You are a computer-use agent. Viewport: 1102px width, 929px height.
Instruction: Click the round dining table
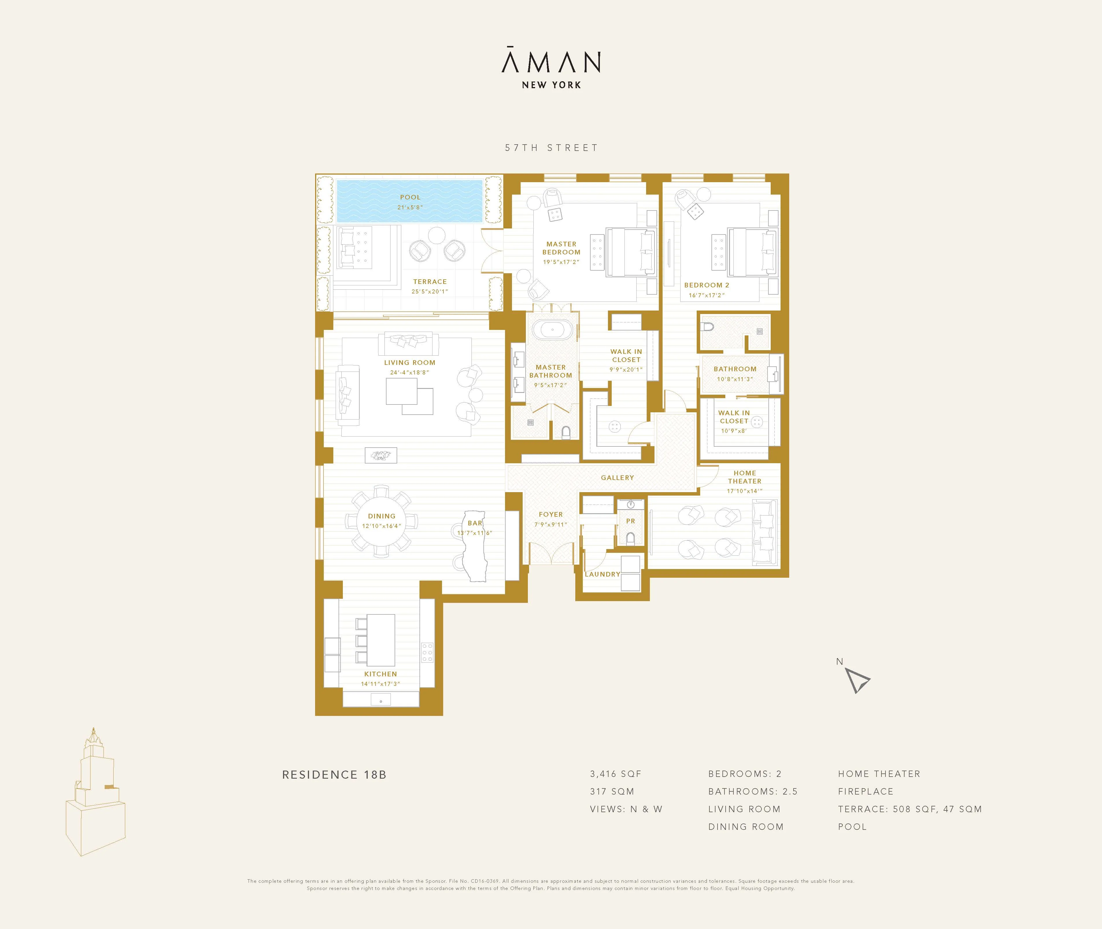coord(381,521)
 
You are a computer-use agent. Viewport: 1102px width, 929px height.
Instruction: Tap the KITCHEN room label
coord(380,674)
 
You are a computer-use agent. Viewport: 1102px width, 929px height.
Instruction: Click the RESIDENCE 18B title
coord(334,775)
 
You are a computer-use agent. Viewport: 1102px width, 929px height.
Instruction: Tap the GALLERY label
coord(617,478)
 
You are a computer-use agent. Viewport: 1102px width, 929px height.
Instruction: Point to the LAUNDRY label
coord(602,574)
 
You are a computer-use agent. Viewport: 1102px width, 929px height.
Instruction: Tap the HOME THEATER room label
coord(744,477)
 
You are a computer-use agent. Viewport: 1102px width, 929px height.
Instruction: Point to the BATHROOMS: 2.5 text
coord(752,792)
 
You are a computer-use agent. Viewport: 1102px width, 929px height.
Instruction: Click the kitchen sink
coord(381,699)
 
